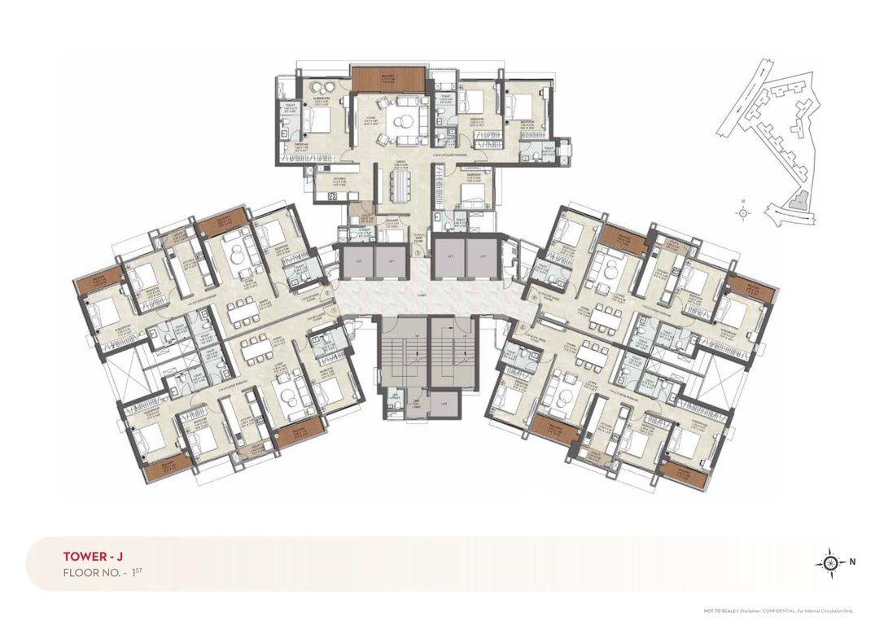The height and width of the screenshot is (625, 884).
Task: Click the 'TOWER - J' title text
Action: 92,557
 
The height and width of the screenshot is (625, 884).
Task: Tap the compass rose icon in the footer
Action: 830,562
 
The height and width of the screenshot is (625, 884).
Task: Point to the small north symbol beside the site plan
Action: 742,212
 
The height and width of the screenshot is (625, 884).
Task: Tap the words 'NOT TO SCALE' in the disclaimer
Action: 720,610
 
